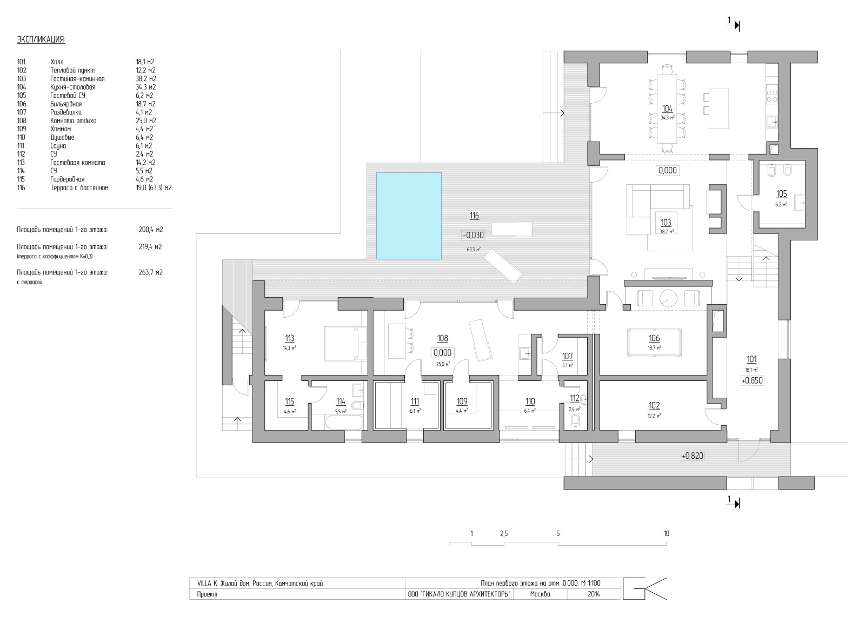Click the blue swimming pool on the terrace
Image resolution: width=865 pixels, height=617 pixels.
pyautogui.click(x=409, y=216)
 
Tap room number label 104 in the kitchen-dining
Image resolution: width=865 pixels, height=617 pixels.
pyautogui.click(x=667, y=109)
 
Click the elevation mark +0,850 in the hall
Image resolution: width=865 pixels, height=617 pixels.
pyautogui.click(x=752, y=380)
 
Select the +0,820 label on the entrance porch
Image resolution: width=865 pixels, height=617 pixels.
pyautogui.click(x=693, y=456)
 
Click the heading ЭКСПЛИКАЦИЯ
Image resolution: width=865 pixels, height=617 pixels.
pyautogui.click(x=41, y=40)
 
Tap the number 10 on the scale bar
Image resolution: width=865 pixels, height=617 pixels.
pyautogui.click(x=666, y=534)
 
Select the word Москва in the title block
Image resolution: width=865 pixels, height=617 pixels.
pyautogui.click(x=540, y=594)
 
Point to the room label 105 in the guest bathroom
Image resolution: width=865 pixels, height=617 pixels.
pyautogui.click(x=781, y=193)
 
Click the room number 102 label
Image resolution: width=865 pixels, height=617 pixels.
pyautogui.click(x=654, y=406)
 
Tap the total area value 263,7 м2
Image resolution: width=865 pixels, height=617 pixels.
pyautogui.click(x=150, y=272)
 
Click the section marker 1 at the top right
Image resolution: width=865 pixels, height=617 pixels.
pyautogui.click(x=729, y=21)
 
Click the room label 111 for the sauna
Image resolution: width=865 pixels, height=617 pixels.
pyautogui.click(x=415, y=401)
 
